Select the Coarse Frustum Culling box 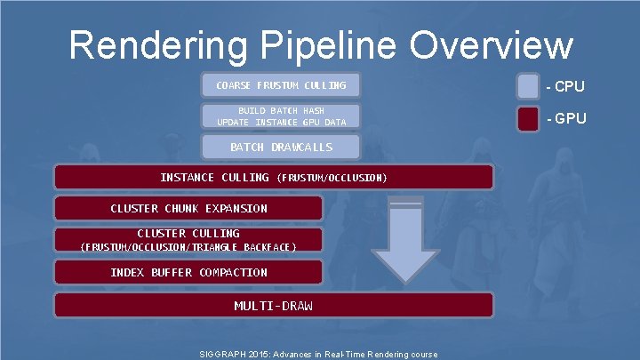pyautogui.click(x=281, y=85)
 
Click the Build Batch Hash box pyautogui.click(x=281, y=116)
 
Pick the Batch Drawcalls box pyautogui.click(x=281, y=147)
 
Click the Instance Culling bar pyautogui.click(x=273, y=178)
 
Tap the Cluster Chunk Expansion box pyautogui.click(x=188, y=209)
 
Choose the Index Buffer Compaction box pyautogui.click(x=188, y=272)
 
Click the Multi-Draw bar pyautogui.click(x=273, y=305)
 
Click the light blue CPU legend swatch pyautogui.click(x=528, y=86)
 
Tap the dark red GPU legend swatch pyautogui.click(x=528, y=118)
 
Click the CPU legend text pyautogui.click(x=566, y=86)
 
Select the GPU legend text pyautogui.click(x=566, y=118)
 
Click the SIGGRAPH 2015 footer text pyautogui.click(x=320, y=354)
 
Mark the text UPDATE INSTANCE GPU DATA pyautogui.click(x=281, y=122)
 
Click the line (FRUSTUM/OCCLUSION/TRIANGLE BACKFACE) pyautogui.click(x=188, y=246)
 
